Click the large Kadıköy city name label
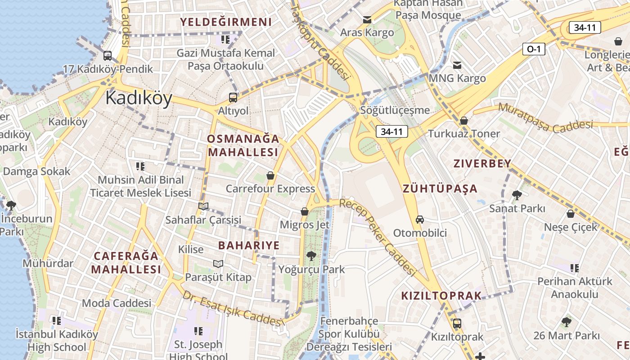click(x=139, y=98)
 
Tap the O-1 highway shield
click(x=533, y=49)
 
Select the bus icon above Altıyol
click(x=233, y=97)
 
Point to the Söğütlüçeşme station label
click(x=395, y=110)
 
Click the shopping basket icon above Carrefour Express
click(x=270, y=175)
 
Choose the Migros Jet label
click(x=305, y=224)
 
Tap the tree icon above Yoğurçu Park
click(x=310, y=256)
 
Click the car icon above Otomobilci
click(x=420, y=220)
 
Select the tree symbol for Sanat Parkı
click(x=517, y=195)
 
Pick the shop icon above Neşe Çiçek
click(x=571, y=214)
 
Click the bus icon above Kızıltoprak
click(x=457, y=323)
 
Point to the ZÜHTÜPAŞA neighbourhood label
click(x=440, y=188)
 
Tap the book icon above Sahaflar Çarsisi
click(x=203, y=206)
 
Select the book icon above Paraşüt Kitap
click(x=218, y=264)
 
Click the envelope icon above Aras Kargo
click(x=367, y=20)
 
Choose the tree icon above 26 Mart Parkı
click(x=566, y=322)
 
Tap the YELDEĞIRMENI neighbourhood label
click(x=226, y=22)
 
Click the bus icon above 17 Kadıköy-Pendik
click(x=108, y=56)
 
